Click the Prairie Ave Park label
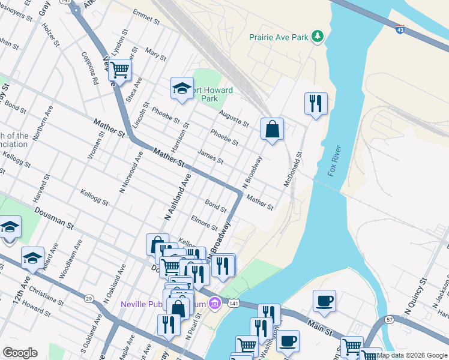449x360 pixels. click(279, 37)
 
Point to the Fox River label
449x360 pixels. click(334, 161)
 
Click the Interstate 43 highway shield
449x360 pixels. click(400, 29)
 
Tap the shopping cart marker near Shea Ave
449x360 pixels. click(120, 70)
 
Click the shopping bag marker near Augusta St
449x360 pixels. click(272, 128)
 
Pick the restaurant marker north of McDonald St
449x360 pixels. click(315, 104)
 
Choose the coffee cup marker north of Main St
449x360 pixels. click(324, 301)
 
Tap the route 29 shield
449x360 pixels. click(89, 298)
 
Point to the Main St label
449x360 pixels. click(321, 325)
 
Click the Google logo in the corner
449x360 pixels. click(20, 353)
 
